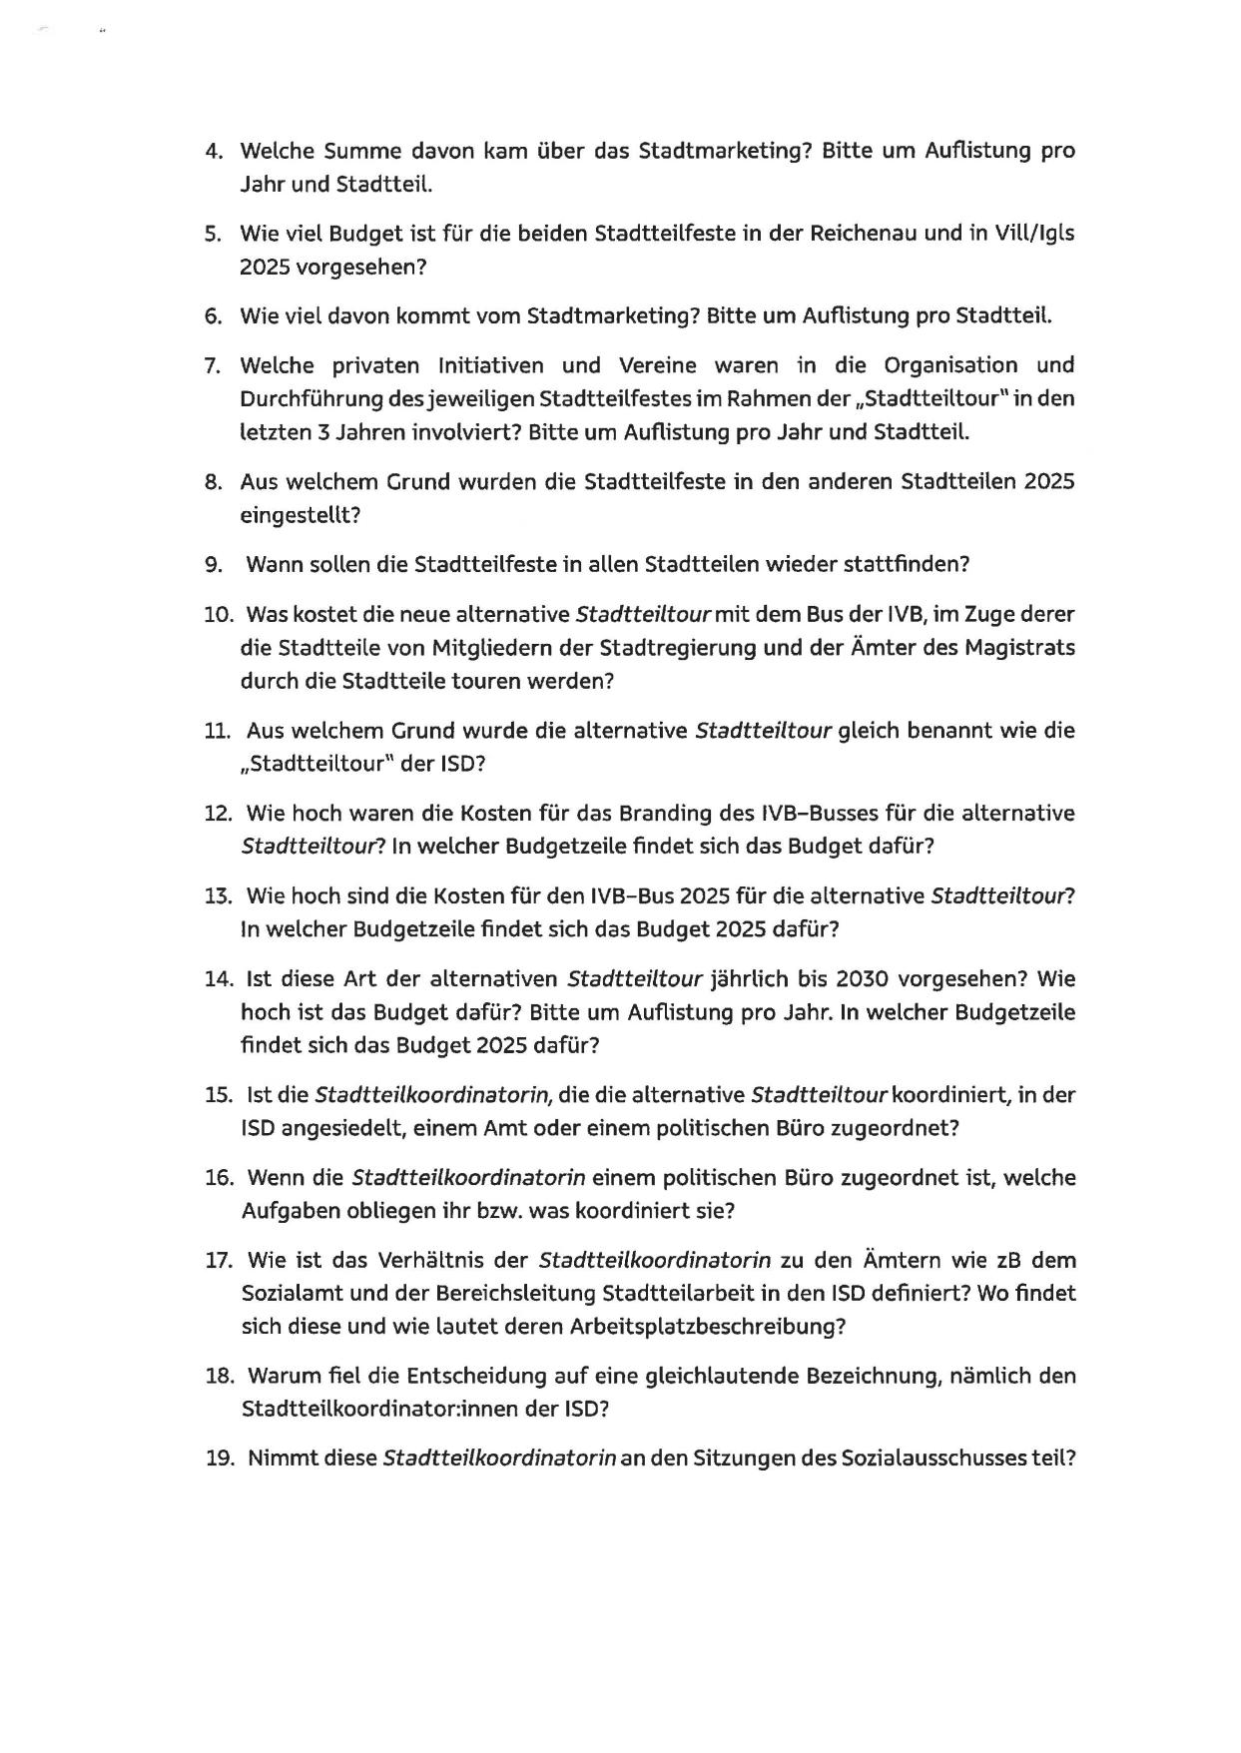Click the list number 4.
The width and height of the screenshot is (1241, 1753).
(x=212, y=152)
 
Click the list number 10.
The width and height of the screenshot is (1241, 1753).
(x=218, y=614)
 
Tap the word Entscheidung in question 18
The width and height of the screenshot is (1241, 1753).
(x=476, y=1377)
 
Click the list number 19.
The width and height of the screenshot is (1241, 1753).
(x=219, y=1459)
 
